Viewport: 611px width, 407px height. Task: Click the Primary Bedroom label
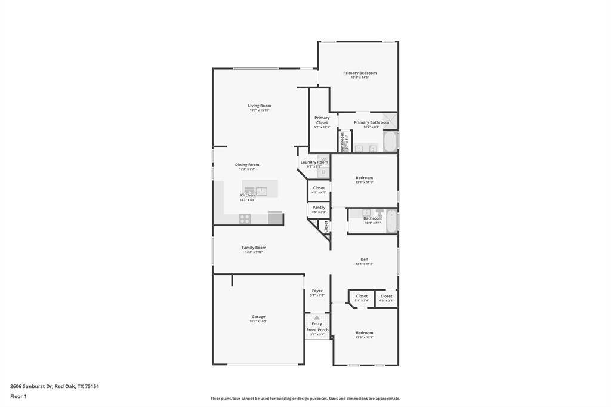(x=360, y=73)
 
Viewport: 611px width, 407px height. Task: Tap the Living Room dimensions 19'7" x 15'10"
(x=260, y=110)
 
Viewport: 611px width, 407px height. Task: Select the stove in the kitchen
(x=245, y=218)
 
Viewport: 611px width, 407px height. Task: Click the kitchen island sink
(x=261, y=191)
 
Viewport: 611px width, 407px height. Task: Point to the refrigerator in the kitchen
(x=275, y=218)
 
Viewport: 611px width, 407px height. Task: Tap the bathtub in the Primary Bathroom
(x=390, y=141)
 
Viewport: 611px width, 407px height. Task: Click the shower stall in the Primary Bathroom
(x=390, y=120)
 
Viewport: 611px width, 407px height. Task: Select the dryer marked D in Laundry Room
(x=323, y=173)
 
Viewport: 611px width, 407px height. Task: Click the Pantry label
(x=319, y=207)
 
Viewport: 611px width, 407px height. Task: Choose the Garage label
(x=258, y=317)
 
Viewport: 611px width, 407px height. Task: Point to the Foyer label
(x=317, y=291)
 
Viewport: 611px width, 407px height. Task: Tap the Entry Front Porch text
(x=317, y=327)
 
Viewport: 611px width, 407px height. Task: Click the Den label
(x=364, y=259)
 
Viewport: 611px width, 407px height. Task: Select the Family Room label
(x=254, y=248)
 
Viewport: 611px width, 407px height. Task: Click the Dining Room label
(x=247, y=165)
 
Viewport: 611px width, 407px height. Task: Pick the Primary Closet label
(x=322, y=120)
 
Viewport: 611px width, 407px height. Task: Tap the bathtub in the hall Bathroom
(x=391, y=221)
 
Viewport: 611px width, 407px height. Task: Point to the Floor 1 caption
(x=18, y=396)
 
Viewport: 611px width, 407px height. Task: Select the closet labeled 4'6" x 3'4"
(x=387, y=298)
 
